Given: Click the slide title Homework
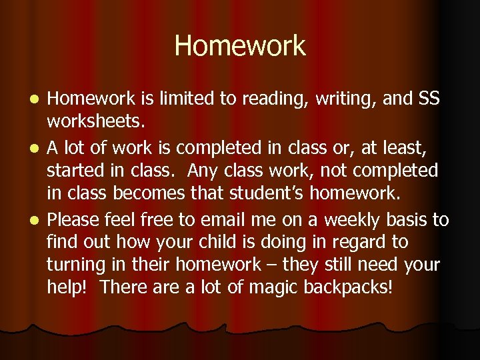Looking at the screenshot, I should [x=240, y=46].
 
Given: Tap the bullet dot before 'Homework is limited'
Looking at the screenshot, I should [x=37, y=99].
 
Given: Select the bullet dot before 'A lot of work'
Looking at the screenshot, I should [x=37, y=147].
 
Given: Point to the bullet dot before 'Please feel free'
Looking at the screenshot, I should [x=37, y=219].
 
